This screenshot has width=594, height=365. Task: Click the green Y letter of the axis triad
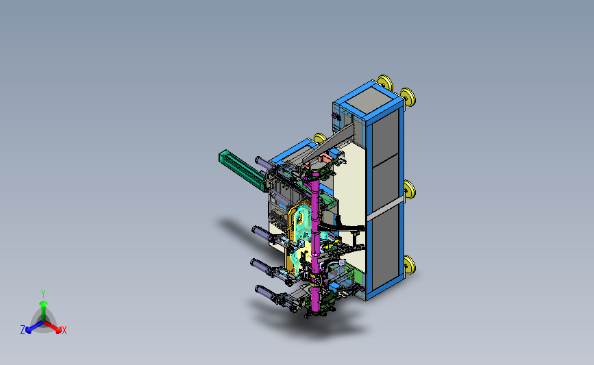[43, 294]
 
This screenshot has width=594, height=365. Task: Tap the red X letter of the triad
[64, 330]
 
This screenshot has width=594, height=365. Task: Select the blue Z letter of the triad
[23, 330]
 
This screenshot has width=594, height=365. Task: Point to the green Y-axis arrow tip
[43, 303]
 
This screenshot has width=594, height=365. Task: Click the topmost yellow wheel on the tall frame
[384, 83]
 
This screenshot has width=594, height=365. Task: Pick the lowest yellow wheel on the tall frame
[410, 264]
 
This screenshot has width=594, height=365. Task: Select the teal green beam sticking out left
[243, 171]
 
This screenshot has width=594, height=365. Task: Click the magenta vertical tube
[316, 242]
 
